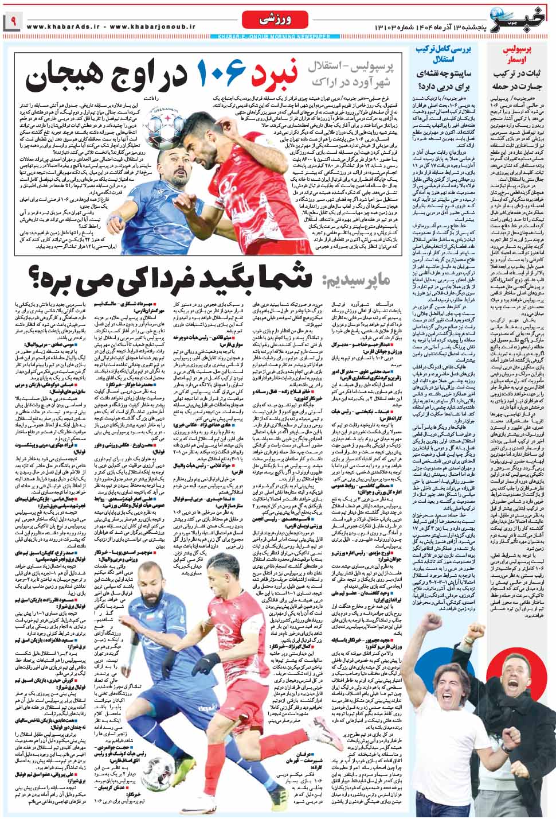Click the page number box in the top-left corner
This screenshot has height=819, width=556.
click(x=11, y=24)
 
